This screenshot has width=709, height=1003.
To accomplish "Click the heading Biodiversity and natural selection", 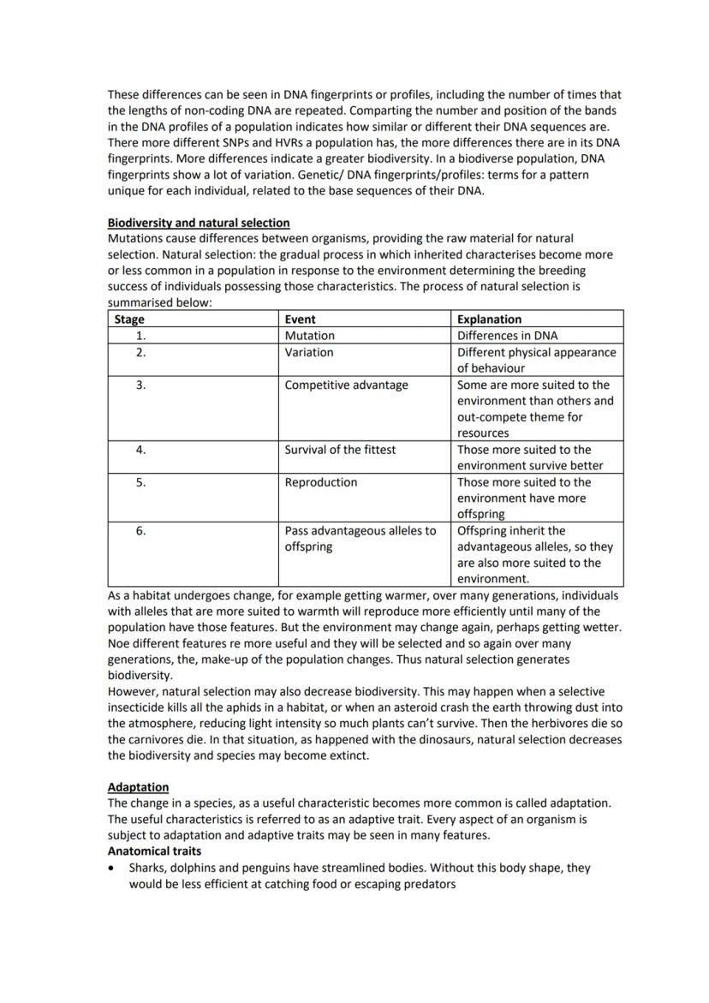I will click(x=199, y=223).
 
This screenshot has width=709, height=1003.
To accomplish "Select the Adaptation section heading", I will click(x=138, y=786).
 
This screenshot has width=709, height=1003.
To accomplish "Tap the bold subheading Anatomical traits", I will click(x=154, y=851).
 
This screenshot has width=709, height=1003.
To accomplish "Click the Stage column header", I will click(x=129, y=319).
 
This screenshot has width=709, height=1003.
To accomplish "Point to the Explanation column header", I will click(x=489, y=319).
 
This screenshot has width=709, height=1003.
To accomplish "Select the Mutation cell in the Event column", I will click(x=309, y=336).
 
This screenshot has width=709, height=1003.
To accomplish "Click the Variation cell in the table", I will click(x=309, y=352).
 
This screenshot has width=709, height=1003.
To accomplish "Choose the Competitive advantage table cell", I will click(x=346, y=385).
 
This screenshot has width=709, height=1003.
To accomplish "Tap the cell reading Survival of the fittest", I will click(x=340, y=449).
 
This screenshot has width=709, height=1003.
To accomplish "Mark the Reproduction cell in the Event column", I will click(x=320, y=482).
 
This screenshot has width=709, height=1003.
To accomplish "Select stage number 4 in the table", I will click(x=140, y=449).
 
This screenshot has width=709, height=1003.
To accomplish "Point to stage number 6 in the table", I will click(x=140, y=531).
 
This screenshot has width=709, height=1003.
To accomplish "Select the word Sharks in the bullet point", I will click(x=147, y=868).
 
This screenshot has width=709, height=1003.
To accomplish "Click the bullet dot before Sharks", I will click(x=112, y=868).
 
